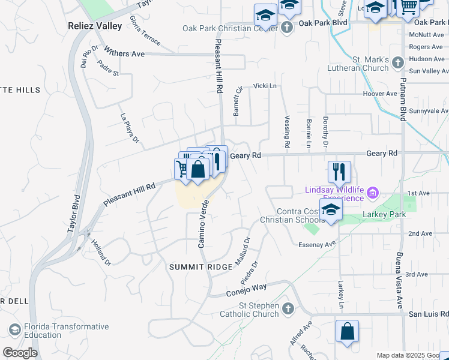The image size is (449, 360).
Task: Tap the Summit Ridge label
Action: point(192,266)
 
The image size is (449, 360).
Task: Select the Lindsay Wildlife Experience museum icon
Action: point(373,193)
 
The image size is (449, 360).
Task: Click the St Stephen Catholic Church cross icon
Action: point(288,309)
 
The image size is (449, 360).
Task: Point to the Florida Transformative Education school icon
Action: point(15,331)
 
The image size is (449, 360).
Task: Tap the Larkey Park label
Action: point(384,214)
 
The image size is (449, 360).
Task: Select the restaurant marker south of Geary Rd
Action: point(339,172)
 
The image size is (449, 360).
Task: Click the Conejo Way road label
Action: point(246,290)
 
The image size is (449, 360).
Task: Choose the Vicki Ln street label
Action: point(265,86)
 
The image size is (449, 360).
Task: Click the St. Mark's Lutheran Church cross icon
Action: point(397,62)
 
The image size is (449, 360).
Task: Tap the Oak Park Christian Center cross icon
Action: point(287,28)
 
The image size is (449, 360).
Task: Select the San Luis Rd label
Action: point(428,314)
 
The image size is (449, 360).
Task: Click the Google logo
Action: point(20,352)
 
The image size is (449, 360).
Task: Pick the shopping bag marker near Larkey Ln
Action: point(347,332)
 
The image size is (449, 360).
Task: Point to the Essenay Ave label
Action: point(316,245)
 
